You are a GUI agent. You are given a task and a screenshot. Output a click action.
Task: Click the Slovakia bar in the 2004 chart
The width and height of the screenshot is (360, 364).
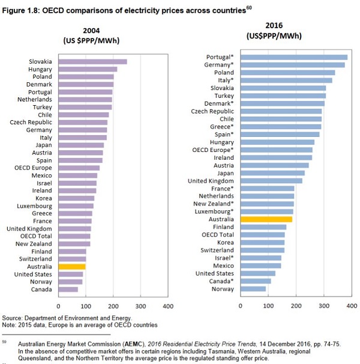[x=92, y=61]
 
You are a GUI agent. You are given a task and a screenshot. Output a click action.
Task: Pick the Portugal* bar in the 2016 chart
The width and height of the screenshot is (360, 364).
[x=294, y=57]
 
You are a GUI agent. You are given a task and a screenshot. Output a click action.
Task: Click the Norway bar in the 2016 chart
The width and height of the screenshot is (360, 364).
[x=253, y=288]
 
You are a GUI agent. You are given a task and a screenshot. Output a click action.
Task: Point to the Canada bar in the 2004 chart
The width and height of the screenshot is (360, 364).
[x=68, y=290]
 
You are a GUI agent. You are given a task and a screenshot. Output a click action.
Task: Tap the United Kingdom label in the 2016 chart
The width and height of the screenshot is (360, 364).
[x=211, y=181]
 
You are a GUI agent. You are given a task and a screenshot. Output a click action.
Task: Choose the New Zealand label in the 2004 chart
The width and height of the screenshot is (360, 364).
[x=35, y=243]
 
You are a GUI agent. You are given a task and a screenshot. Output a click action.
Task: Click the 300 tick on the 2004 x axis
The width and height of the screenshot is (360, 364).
[x=140, y=306]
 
